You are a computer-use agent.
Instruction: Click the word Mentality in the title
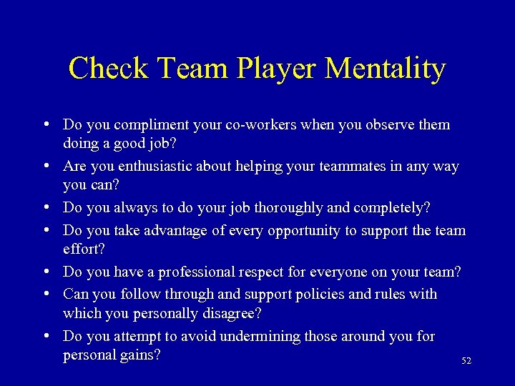click(385, 69)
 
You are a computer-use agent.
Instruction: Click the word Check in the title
click(109, 69)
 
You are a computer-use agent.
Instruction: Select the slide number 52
click(466, 362)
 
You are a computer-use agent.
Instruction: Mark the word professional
click(190, 272)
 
